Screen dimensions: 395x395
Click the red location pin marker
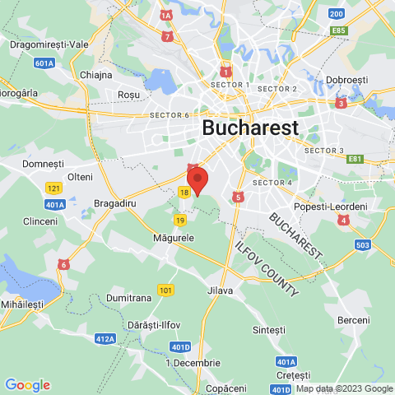(x=197, y=180)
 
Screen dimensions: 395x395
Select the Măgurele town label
(x=173, y=237)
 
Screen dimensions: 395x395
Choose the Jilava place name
(x=221, y=290)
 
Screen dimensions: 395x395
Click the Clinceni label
(x=40, y=221)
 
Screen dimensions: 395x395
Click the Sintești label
(x=268, y=329)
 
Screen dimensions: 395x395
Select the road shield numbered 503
(x=361, y=244)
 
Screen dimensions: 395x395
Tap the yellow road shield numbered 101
(x=166, y=290)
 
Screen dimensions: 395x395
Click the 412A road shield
(x=105, y=338)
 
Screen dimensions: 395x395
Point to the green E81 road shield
(x=355, y=159)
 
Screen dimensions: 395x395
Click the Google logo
(x=27, y=384)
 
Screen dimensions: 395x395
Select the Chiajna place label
(x=96, y=75)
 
